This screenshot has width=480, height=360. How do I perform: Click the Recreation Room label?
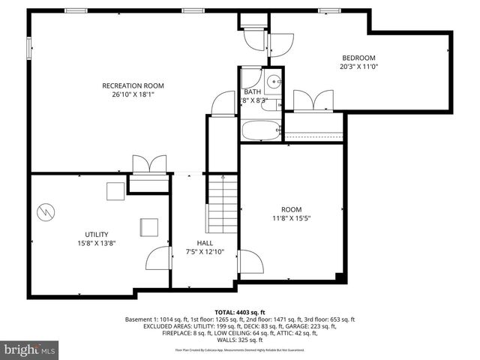click(133, 85)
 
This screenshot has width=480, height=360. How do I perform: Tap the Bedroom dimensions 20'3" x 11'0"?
click(358, 67)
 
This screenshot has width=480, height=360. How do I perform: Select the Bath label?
click(252, 91)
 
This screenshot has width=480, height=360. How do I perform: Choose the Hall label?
click(205, 243)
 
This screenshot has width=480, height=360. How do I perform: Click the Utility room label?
click(96, 234)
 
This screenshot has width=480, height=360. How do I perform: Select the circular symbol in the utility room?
click(45, 212)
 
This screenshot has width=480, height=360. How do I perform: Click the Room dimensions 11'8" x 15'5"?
click(291, 218)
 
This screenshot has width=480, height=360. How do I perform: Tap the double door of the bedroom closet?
click(313, 100)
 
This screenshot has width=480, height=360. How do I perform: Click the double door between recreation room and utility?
click(148, 166)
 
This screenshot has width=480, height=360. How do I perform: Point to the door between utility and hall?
click(158, 259)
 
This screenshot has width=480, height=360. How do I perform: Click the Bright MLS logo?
click(30, 349)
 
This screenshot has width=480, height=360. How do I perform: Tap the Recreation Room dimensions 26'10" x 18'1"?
click(133, 94)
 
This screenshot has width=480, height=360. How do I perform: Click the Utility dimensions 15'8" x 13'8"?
click(96, 243)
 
